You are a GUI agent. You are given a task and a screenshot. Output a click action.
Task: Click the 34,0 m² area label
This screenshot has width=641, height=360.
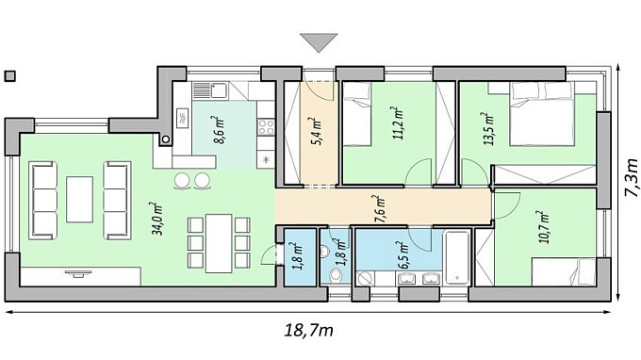tap(157, 219)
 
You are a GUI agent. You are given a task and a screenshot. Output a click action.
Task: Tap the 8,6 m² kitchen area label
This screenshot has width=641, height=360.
tap(219, 130)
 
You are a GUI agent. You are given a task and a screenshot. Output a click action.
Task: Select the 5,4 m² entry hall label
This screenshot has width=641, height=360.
tap(318, 131)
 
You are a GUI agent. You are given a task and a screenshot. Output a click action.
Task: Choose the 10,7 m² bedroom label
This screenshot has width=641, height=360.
tap(544, 227)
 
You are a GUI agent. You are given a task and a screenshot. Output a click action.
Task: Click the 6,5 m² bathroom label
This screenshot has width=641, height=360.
tap(404, 255)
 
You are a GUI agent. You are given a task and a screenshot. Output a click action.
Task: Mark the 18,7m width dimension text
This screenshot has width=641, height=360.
tap(308, 330)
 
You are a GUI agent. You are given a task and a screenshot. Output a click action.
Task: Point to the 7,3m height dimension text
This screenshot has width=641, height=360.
tap(631, 178)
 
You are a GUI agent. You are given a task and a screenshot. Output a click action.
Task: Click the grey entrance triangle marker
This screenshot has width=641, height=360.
tap(319, 42)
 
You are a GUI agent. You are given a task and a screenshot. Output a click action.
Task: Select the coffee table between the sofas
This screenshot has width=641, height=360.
tap(80, 200)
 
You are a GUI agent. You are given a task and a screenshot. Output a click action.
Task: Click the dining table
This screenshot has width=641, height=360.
tap(219, 243)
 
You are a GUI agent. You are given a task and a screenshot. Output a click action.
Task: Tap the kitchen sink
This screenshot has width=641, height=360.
tap(219, 90)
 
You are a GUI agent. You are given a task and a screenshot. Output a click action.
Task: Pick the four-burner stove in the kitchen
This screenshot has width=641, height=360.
tap(266, 127)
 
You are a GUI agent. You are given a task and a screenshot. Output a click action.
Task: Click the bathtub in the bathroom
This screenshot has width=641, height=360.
tap(457, 257)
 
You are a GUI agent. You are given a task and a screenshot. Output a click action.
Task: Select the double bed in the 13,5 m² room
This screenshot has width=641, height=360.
tap(542, 114)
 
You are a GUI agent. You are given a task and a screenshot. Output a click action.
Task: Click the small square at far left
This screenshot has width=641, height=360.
tap(10, 76)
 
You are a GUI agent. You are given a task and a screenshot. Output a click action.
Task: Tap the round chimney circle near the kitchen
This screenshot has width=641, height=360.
tap(166, 139)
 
